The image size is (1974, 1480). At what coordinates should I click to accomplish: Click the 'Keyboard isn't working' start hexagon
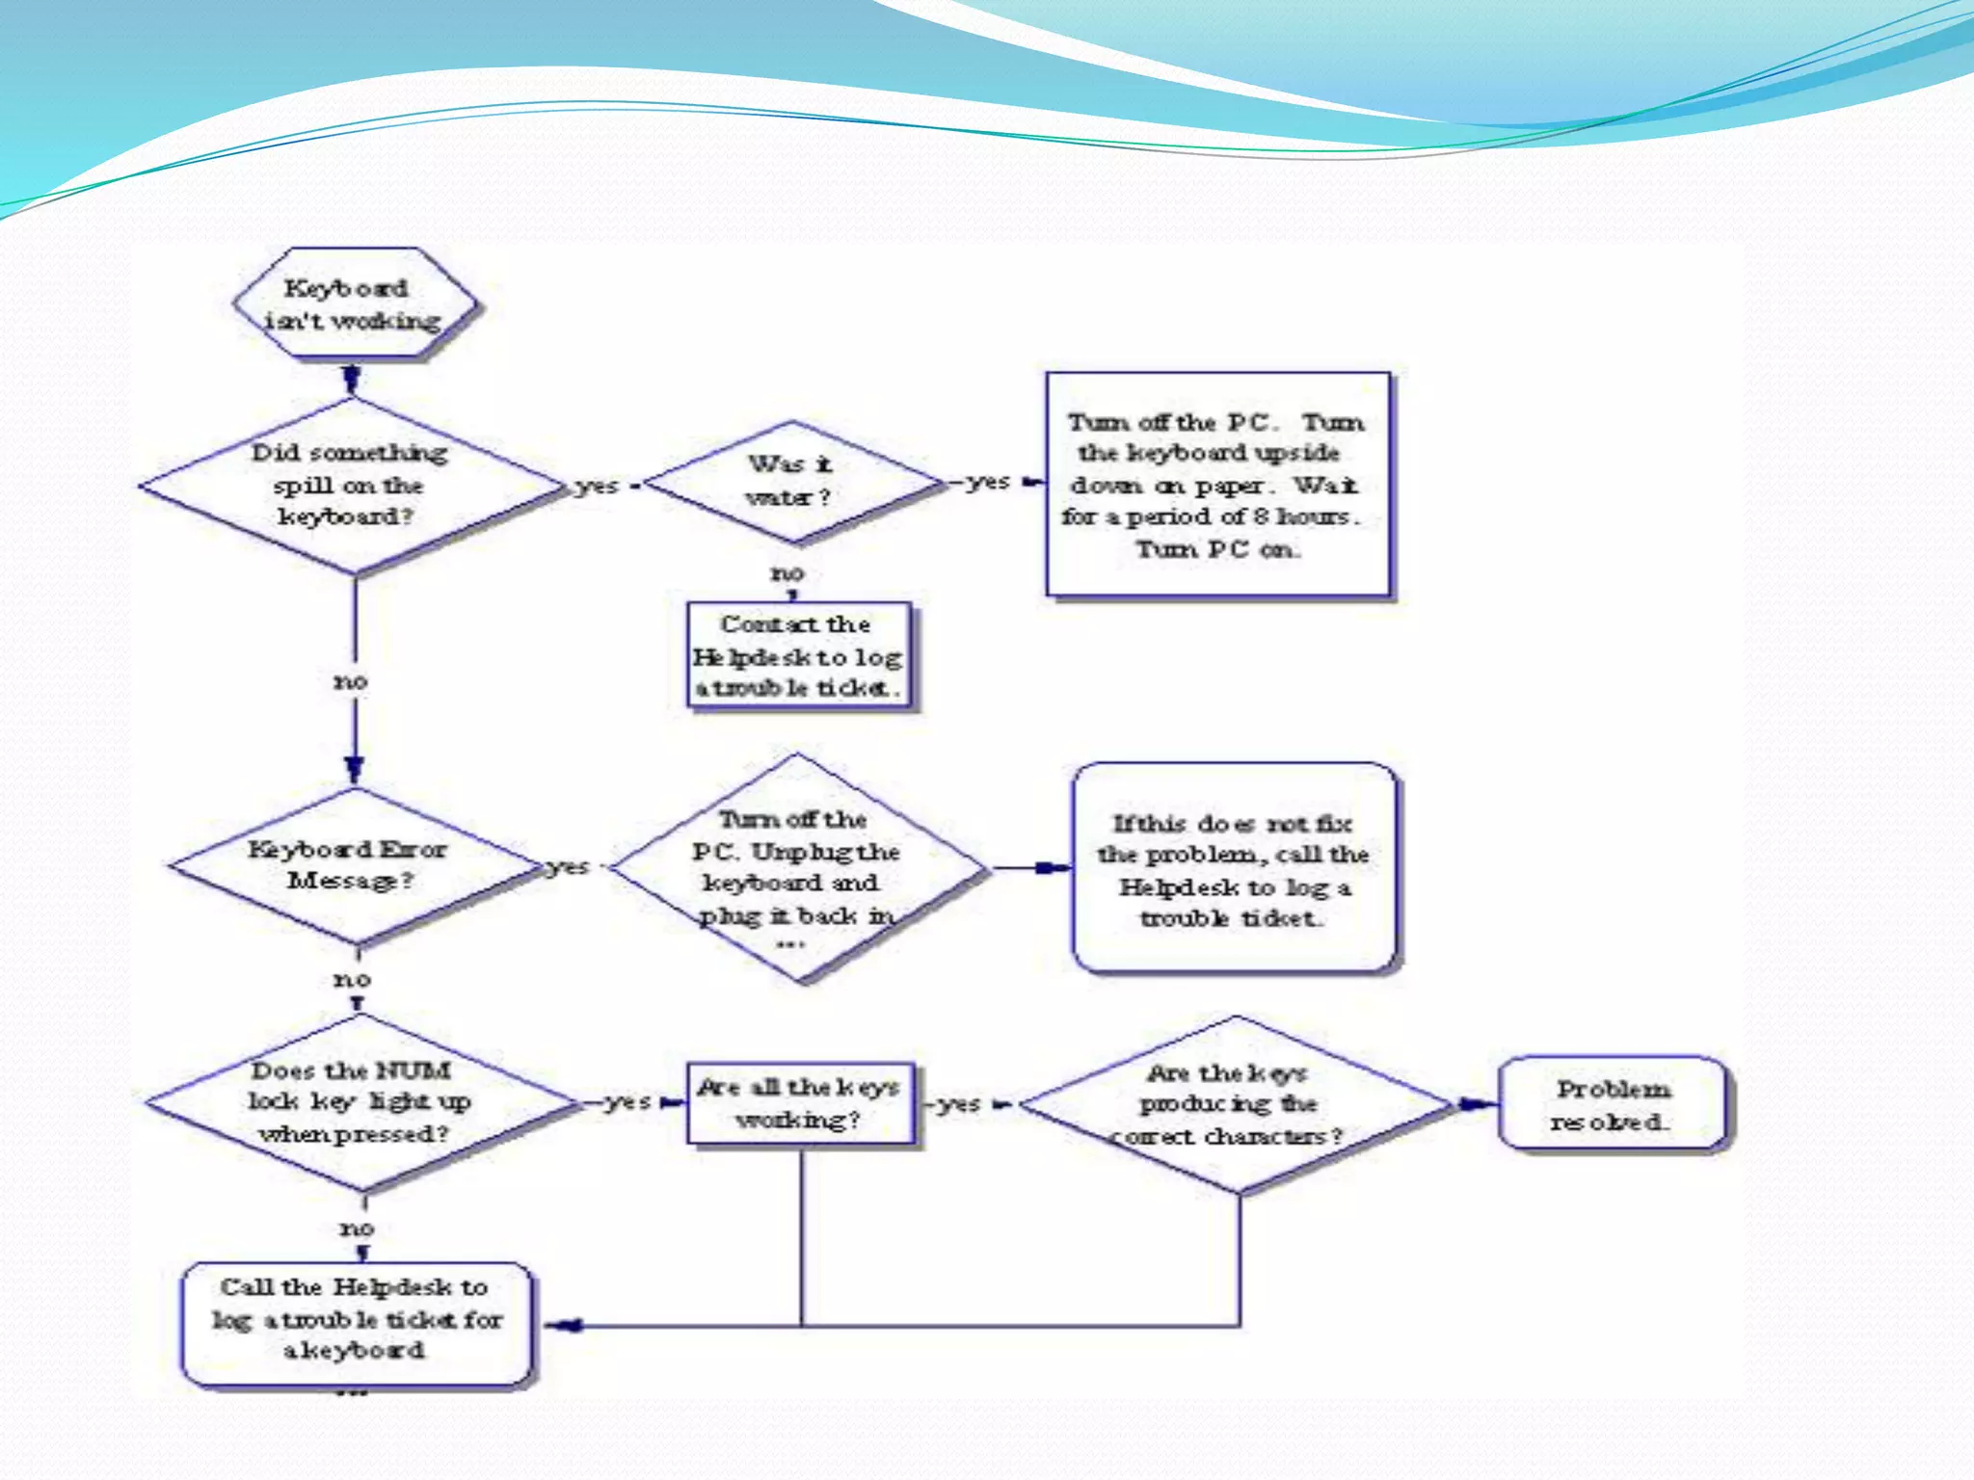click(x=354, y=304)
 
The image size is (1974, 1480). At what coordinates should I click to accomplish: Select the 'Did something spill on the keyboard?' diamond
click(x=349, y=485)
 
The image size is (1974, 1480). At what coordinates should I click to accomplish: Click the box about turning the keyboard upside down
click(x=1217, y=485)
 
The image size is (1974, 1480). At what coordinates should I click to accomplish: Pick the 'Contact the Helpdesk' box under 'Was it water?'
click(x=798, y=656)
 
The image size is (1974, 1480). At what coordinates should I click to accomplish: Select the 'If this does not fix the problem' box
click(x=1235, y=868)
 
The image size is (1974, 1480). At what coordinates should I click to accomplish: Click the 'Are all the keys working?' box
click(x=800, y=1103)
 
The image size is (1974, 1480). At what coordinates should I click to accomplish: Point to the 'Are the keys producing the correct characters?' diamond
click(x=1235, y=1104)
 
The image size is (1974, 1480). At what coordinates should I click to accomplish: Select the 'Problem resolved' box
click(x=1612, y=1104)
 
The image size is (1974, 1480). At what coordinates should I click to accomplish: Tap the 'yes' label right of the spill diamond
click(x=597, y=486)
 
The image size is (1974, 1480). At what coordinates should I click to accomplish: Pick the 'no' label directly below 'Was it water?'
click(x=787, y=573)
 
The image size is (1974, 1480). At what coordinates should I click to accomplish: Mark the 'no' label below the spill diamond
click(x=351, y=681)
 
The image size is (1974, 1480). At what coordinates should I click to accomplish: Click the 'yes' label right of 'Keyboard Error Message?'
click(x=569, y=867)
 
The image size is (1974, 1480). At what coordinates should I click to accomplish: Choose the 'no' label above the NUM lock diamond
click(x=352, y=979)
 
